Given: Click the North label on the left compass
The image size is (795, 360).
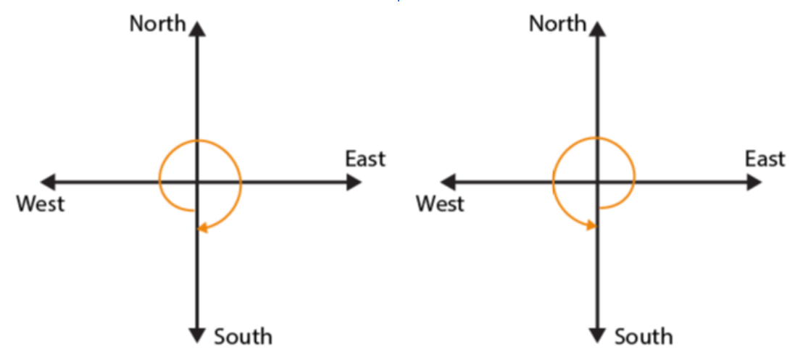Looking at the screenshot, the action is pyautogui.click(x=158, y=23).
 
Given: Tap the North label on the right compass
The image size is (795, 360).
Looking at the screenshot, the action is pyautogui.click(x=558, y=23).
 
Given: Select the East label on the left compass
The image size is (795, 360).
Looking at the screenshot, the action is pyautogui.click(x=365, y=159).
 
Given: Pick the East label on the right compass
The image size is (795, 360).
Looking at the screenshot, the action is pyautogui.click(x=765, y=159).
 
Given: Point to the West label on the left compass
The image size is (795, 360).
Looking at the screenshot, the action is pyautogui.click(x=41, y=204).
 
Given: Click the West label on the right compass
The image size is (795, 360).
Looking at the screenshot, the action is pyautogui.click(x=440, y=204).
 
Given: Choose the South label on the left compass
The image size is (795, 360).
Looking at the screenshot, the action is pyautogui.click(x=243, y=337).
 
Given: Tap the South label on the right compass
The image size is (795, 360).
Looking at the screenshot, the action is pyautogui.click(x=644, y=337).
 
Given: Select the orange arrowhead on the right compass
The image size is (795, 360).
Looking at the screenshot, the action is pyautogui.click(x=591, y=225).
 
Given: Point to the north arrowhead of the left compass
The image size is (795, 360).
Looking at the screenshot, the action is pyautogui.click(x=197, y=28).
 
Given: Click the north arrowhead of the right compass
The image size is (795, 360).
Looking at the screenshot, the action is pyautogui.click(x=598, y=28).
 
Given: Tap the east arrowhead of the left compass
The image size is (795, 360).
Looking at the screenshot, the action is pyautogui.click(x=354, y=182).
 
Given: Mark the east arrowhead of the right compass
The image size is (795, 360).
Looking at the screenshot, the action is pyautogui.click(x=754, y=182).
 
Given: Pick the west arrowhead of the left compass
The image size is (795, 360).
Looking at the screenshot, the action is pyautogui.click(x=48, y=182).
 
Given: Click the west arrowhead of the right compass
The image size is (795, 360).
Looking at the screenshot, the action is pyautogui.click(x=449, y=182).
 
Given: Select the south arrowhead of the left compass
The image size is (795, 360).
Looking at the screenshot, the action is pyautogui.click(x=197, y=335).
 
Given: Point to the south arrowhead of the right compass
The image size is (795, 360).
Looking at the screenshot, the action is pyautogui.click(x=598, y=335).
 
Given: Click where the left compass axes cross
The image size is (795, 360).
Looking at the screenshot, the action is pyautogui.click(x=197, y=182).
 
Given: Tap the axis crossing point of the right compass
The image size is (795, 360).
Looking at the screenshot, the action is pyautogui.click(x=598, y=182).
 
